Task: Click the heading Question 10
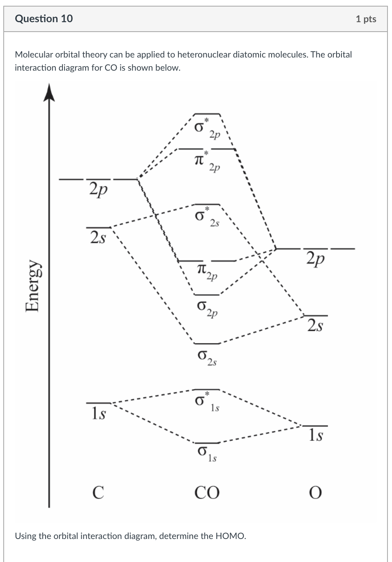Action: click(x=44, y=19)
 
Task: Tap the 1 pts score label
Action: click(x=366, y=19)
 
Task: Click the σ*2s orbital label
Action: click(x=207, y=217)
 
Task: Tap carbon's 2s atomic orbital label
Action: click(x=98, y=237)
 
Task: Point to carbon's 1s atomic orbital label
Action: click(x=98, y=413)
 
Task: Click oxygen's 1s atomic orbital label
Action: click(x=316, y=435)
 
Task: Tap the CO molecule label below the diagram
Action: click(x=207, y=492)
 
